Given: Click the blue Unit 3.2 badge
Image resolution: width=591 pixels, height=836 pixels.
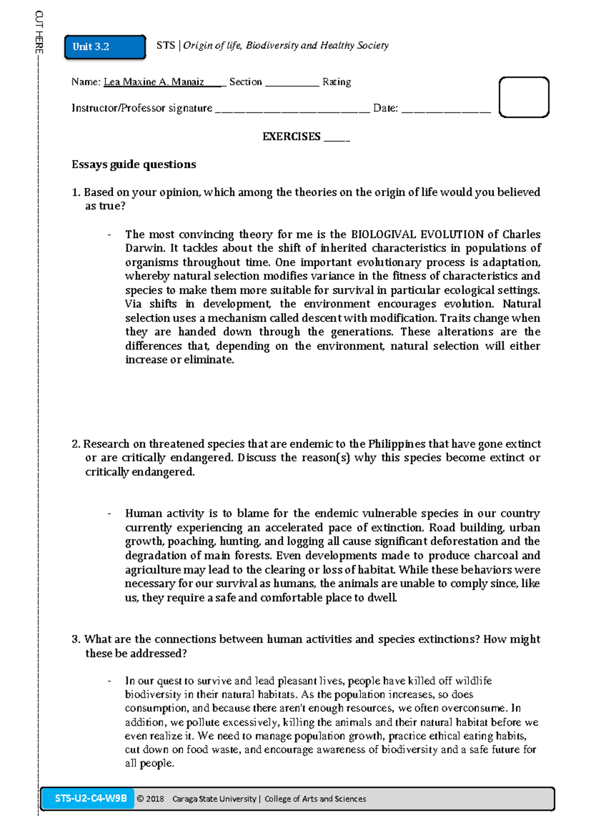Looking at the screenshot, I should [105, 47].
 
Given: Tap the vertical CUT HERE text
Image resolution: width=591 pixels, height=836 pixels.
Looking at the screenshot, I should [39, 32].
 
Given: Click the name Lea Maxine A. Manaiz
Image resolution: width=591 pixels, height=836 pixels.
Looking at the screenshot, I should [154, 82].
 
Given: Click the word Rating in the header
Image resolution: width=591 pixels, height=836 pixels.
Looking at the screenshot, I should [336, 82].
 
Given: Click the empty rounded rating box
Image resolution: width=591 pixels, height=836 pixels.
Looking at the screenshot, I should [524, 97].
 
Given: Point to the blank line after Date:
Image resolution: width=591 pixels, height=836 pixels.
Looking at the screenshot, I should [446, 109].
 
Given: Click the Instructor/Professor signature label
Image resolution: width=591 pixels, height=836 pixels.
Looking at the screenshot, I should [142, 108].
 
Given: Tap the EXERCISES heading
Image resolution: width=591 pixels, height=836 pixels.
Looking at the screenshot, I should [292, 137].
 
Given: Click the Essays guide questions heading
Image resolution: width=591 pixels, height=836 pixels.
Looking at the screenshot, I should [133, 164].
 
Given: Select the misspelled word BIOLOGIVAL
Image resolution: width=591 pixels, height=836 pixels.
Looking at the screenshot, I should [383, 234].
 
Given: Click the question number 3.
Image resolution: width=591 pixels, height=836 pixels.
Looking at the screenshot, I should [75, 639].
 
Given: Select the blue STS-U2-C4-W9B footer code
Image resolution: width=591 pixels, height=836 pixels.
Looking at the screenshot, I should [91, 798].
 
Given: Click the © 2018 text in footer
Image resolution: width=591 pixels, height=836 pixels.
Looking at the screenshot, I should [150, 799].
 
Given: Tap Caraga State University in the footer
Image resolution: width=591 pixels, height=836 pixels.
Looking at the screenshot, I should [214, 799].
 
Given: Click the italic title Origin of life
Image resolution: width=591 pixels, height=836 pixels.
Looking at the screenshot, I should [212, 45].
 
